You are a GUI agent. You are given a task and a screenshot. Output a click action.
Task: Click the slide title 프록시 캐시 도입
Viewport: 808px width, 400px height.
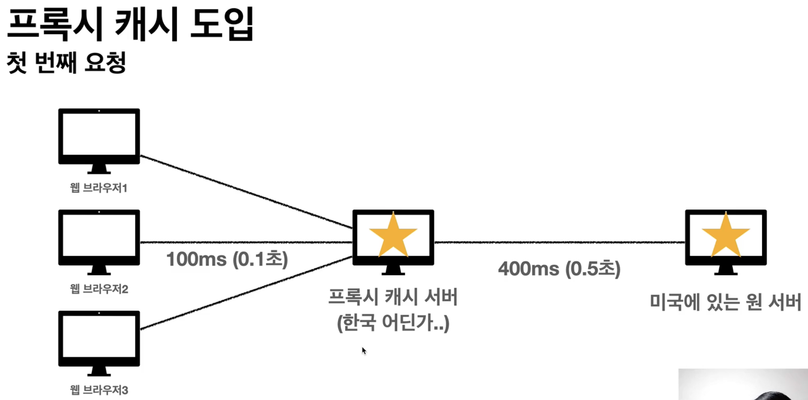tap(130, 25)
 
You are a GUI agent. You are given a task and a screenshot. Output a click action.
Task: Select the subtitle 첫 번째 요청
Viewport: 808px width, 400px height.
tap(66, 62)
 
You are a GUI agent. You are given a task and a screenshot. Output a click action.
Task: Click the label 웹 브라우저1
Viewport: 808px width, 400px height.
tap(99, 188)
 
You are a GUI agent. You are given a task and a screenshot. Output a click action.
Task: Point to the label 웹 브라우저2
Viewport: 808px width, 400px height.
tap(99, 289)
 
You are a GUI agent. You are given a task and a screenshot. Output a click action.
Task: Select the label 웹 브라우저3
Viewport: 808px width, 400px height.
tap(99, 390)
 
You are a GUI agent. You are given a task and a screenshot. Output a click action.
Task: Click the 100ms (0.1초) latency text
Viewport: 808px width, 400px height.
tap(227, 259)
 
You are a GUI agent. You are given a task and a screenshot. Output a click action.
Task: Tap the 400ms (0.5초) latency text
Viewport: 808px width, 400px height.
tap(559, 269)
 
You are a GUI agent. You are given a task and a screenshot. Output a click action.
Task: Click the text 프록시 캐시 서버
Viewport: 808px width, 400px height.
tap(393, 297)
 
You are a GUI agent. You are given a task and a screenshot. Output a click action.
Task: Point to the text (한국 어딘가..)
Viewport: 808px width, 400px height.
tap(393, 323)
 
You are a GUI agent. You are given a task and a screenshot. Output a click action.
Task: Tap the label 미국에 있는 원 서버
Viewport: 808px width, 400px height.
tap(725, 302)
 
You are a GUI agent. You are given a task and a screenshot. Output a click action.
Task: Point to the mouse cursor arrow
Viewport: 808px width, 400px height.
tap(364, 350)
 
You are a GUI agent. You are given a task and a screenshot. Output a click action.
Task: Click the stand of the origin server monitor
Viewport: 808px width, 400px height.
tap(725, 270)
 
